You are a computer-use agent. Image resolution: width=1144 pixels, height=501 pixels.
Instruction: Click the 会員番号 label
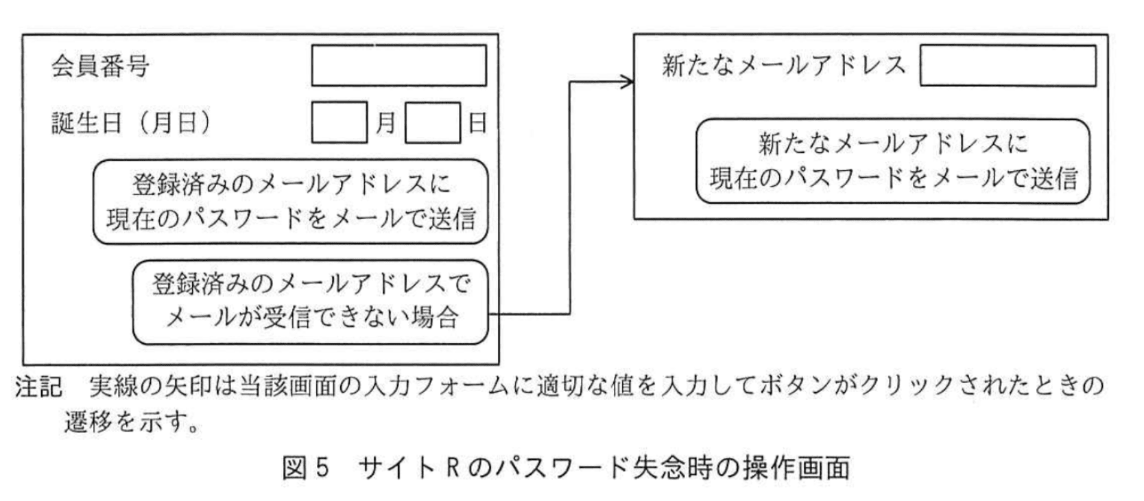pyautogui.click(x=100, y=67)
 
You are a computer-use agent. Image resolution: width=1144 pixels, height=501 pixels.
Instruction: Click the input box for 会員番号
pyautogui.click(x=398, y=66)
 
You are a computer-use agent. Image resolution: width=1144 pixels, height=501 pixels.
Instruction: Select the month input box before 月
pyautogui.click(x=339, y=123)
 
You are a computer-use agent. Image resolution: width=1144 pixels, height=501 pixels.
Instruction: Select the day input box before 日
pyautogui.click(x=432, y=123)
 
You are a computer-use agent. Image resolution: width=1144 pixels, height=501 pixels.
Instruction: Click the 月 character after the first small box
pyautogui.click(x=385, y=124)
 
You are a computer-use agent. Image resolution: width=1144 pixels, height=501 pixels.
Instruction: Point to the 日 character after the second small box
pyautogui.click(x=477, y=124)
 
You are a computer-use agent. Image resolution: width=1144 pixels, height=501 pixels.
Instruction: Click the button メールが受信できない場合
pyautogui.click(x=311, y=301)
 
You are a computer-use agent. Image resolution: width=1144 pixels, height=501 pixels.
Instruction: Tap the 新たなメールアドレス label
pyautogui.click(x=783, y=66)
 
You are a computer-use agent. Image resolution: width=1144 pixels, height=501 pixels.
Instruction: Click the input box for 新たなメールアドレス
pyautogui.click(x=1007, y=66)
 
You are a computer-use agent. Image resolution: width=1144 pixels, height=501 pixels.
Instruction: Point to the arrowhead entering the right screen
pyautogui.click(x=627, y=82)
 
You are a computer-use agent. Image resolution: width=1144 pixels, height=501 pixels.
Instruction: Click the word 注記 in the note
pyautogui.click(x=38, y=387)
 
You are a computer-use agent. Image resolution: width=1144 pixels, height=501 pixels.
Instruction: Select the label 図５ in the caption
pyautogui.click(x=306, y=468)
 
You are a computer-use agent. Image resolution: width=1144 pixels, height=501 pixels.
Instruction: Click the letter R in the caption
pyautogui.click(x=452, y=468)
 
